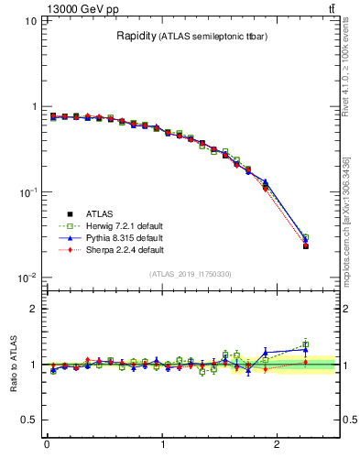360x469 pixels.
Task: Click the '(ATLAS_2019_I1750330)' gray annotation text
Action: pos(190,274)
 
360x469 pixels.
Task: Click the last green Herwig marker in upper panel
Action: pos(306,237)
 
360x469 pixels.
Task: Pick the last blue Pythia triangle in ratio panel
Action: pos(306,349)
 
